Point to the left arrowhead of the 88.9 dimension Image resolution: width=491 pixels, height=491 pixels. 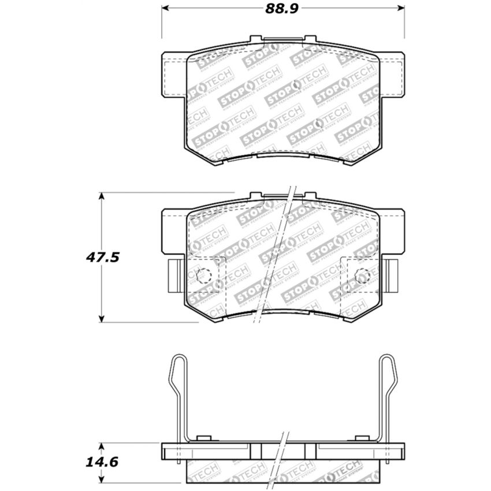click(x=164, y=9)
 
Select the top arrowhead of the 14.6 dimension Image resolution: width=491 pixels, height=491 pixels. click(x=102, y=446)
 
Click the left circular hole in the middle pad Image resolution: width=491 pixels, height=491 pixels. click(x=202, y=276)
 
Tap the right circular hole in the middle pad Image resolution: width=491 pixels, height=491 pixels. click(x=362, y=276)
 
